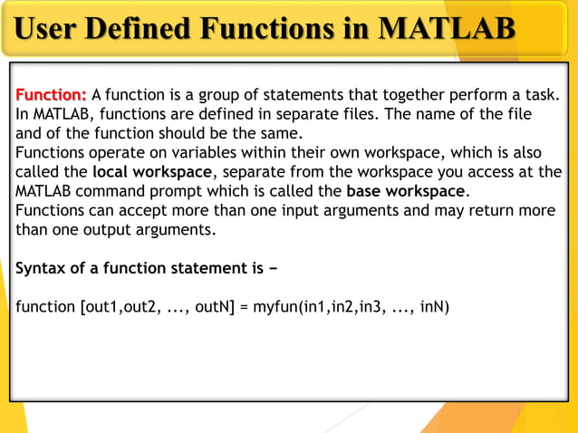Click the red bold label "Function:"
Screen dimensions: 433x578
click(52, 95)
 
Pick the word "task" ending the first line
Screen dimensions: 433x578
click(541, 95)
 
